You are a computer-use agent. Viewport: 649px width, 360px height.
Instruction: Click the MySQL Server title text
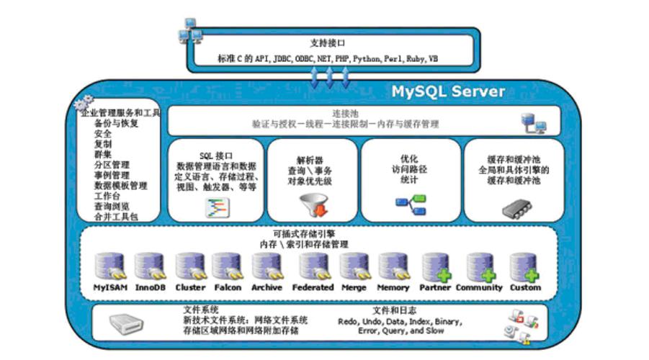pyautogui.click(x=448, y=92)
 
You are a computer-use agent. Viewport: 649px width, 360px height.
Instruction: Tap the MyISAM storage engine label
pyautogui.click(x=111, y=287)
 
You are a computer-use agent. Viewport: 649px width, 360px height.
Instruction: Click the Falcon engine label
pyautogui.click(x=228, y=287)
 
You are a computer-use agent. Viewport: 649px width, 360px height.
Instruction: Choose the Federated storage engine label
pyautogui.click(x=313, y=287)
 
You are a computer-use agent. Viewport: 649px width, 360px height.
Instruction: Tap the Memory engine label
pyautogui.click(x=393, y=287)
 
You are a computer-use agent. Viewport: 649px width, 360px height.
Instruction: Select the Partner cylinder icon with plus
pyautogui.click(x=436, y=266)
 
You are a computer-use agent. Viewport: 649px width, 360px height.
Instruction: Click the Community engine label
pyautogui.click(x=479, y=287)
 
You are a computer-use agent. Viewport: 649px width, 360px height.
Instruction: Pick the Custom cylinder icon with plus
pyautogui.click(x=524, y=266)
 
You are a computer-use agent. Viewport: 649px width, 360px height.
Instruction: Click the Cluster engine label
pyautogui.click(x=191, y=287)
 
